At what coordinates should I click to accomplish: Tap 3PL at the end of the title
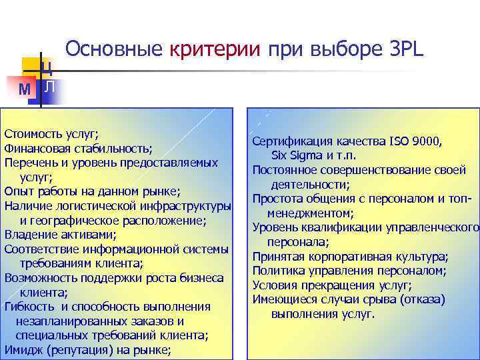tap(408, 49)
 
